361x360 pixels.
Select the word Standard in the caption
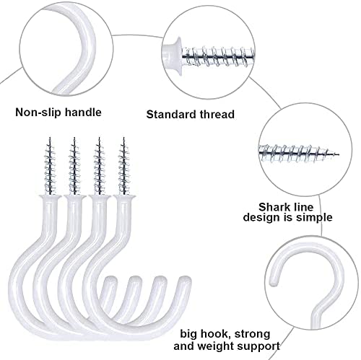coord(170,114)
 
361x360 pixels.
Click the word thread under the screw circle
coord(215,114)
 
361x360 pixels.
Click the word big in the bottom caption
coord(188,334)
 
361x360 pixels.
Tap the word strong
coord(252,334)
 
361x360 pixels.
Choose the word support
coord(258,347)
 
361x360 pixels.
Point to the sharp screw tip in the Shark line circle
coord(337,154)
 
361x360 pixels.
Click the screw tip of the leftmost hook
coord(50,139)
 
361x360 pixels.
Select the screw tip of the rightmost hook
coord(123,139)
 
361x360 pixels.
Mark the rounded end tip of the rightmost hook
coord(185,280)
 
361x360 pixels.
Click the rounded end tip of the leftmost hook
coord(111,280)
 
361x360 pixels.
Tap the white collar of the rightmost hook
coord(124,197)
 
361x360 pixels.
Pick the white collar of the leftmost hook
coord(51,197)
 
